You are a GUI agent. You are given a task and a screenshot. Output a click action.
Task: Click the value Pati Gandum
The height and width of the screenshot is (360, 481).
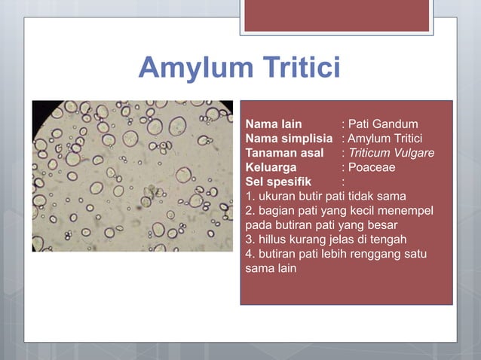(383, 124)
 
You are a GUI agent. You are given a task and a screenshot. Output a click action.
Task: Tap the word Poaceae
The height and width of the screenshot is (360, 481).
(372, 167)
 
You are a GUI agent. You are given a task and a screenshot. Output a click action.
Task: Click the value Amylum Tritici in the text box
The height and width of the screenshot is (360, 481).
(385, 139)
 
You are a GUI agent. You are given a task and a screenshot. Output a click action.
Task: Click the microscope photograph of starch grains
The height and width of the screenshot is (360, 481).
(132, 175)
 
